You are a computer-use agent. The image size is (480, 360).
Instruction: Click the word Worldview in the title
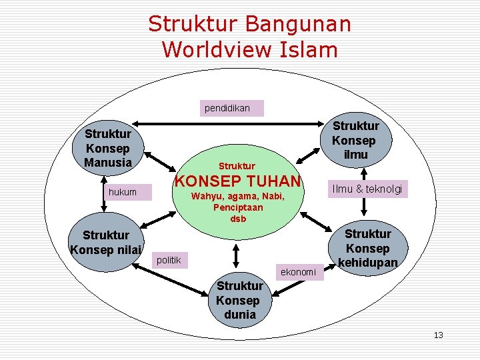207,49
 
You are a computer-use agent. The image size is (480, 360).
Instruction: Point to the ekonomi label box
299,272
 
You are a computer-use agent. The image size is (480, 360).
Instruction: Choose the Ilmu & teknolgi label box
369,189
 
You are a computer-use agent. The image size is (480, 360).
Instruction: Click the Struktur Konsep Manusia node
109,148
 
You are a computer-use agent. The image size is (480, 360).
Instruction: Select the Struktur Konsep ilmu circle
355,140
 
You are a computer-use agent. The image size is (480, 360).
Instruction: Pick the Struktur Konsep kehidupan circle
367,247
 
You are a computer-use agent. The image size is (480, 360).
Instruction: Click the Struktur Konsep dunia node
239,299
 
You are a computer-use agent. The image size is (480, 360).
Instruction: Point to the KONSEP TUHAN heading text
237,181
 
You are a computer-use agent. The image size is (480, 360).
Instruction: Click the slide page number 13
438,335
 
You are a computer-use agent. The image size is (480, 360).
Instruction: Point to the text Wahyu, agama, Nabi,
237,197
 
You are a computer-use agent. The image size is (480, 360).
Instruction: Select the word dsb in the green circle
238,219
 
